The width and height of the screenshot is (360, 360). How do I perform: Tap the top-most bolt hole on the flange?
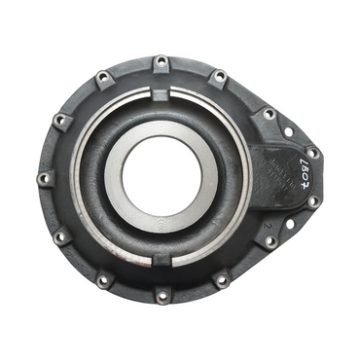[162, 63]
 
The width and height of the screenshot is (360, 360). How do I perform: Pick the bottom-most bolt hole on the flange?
[162, 295]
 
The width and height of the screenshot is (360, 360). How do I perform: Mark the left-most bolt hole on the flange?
[44, 179]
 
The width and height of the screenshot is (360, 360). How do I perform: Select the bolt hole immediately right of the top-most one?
[219, 76]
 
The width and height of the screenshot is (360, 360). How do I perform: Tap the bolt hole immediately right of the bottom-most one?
[222, 280]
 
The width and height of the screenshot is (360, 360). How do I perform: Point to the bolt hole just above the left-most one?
[61, 121]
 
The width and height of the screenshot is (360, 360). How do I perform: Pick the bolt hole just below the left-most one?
[61, 236]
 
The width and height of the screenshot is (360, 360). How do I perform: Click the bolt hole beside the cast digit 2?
[270, 240]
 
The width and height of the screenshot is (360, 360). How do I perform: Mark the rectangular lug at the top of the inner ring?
[162, 93]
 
